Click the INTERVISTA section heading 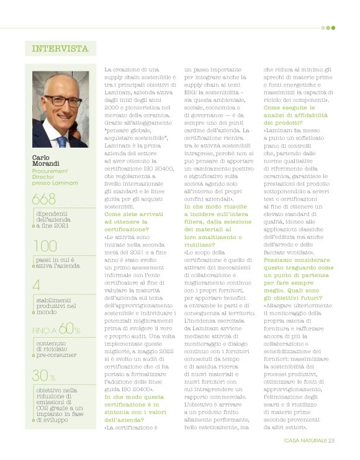(60, 48)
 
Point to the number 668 (45, 199)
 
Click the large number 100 (44, 246)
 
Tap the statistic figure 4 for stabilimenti (37, 285)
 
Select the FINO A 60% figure (56, 330)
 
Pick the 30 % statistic (43, 376)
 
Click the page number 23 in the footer (331, 441)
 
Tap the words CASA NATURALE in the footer (305, 441)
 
